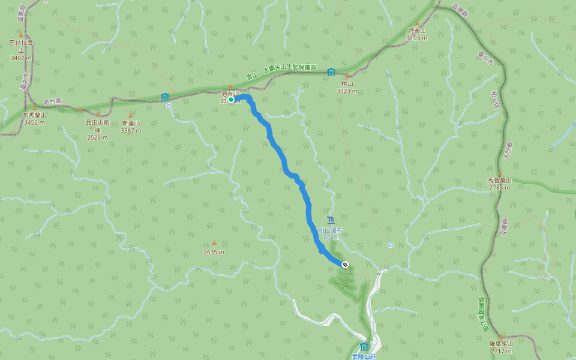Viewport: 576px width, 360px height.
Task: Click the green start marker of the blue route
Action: click(230, 100)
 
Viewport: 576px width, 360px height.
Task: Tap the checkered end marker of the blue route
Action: click(344, 265)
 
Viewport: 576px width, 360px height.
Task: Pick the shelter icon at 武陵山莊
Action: click(364, 347)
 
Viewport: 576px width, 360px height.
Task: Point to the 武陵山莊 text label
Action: click(364, 356)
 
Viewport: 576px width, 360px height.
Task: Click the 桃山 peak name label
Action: click(347, 84)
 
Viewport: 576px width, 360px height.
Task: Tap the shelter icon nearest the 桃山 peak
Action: click(331, 72)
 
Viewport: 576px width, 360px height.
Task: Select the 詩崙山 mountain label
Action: click(416, 31)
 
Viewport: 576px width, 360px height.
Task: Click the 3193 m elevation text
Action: click(416, 38)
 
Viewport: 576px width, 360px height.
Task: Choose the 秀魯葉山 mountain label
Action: click(499, 180)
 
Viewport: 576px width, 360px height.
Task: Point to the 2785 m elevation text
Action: click(499, 187)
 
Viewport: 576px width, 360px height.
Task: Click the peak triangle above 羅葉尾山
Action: click(500, 336)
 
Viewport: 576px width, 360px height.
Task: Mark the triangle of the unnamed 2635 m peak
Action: click(214, 243)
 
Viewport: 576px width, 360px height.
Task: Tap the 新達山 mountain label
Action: click(130, 123)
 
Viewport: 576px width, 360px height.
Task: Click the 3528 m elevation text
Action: click(97, 137)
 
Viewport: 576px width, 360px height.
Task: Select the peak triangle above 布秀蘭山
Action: click(34, 108)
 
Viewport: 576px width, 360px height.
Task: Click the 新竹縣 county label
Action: click(53, 102)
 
